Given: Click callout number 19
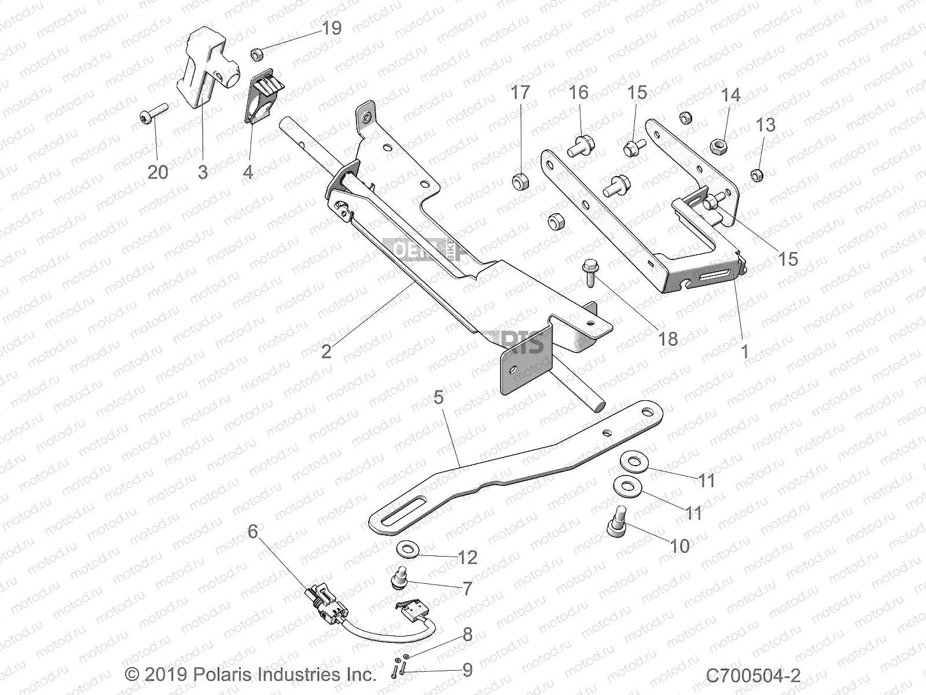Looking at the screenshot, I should [332, 28].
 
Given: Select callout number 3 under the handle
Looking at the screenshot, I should [203, 172].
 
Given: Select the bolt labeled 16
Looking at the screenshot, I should [580, 145].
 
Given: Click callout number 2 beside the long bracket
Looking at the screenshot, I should [326, 351].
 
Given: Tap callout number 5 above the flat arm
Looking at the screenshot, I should [439, 397].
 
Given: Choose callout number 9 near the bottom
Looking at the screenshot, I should [468, 670].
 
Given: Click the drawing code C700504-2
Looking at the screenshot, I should [753, 675].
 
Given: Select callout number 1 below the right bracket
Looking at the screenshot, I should [745, 351].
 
